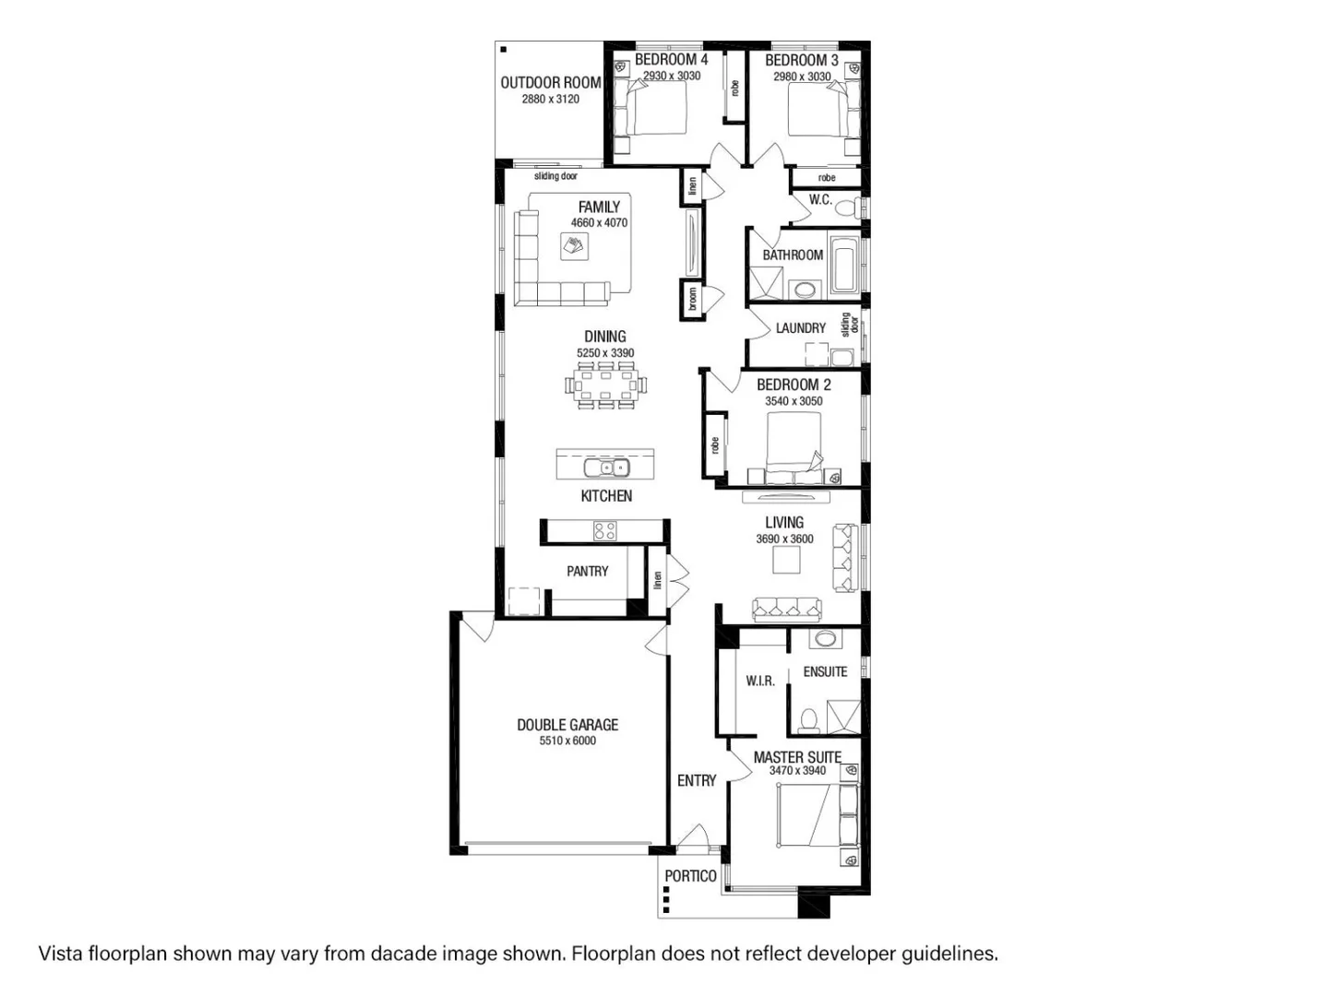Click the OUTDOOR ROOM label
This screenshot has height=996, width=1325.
(x=550, y=82)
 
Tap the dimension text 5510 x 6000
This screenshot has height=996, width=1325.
(x=567, y=741)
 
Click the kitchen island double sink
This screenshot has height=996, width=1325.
(x=605, y=468)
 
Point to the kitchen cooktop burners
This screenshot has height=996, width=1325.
(x=604, y=531)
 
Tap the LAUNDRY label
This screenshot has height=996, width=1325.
(x=800, y=328)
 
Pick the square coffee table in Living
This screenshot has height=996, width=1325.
(x=787, y=560)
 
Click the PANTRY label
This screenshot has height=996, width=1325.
(x=587, y=572)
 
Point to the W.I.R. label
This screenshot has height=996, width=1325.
(x=760, y=681)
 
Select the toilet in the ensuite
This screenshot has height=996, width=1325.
(x=809, y=720)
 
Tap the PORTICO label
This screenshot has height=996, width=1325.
(x=690, y=876)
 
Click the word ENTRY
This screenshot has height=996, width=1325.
(x=696, y=781)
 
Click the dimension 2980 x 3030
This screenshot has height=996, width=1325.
(x=802, y=77)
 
